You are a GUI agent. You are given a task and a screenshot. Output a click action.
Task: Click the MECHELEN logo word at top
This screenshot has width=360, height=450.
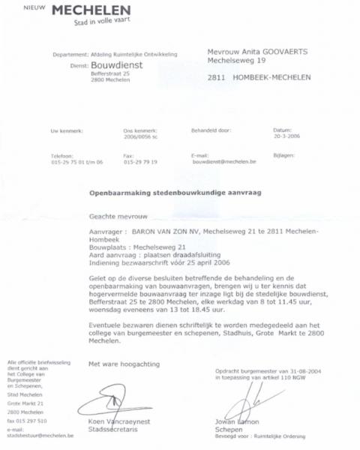coord(89,10)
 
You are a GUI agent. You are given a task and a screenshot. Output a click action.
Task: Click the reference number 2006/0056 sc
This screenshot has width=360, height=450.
coord(140,137)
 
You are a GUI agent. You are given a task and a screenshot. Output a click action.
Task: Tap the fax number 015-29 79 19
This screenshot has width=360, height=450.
coord(139,162)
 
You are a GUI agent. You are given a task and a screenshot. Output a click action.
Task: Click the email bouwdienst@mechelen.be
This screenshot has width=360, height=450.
coord(224,162)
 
